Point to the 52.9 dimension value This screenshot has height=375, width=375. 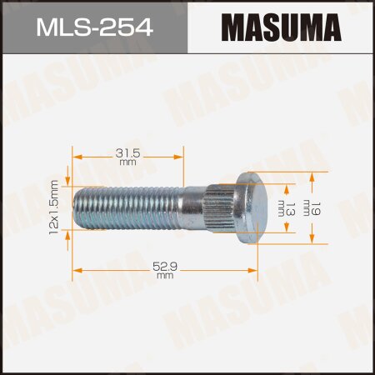coord(164,264)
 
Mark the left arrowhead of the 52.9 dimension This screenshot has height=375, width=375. coord(77,269)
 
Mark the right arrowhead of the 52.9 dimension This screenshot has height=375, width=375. coord(254,269)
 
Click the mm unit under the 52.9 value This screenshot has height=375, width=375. coord(164,276)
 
